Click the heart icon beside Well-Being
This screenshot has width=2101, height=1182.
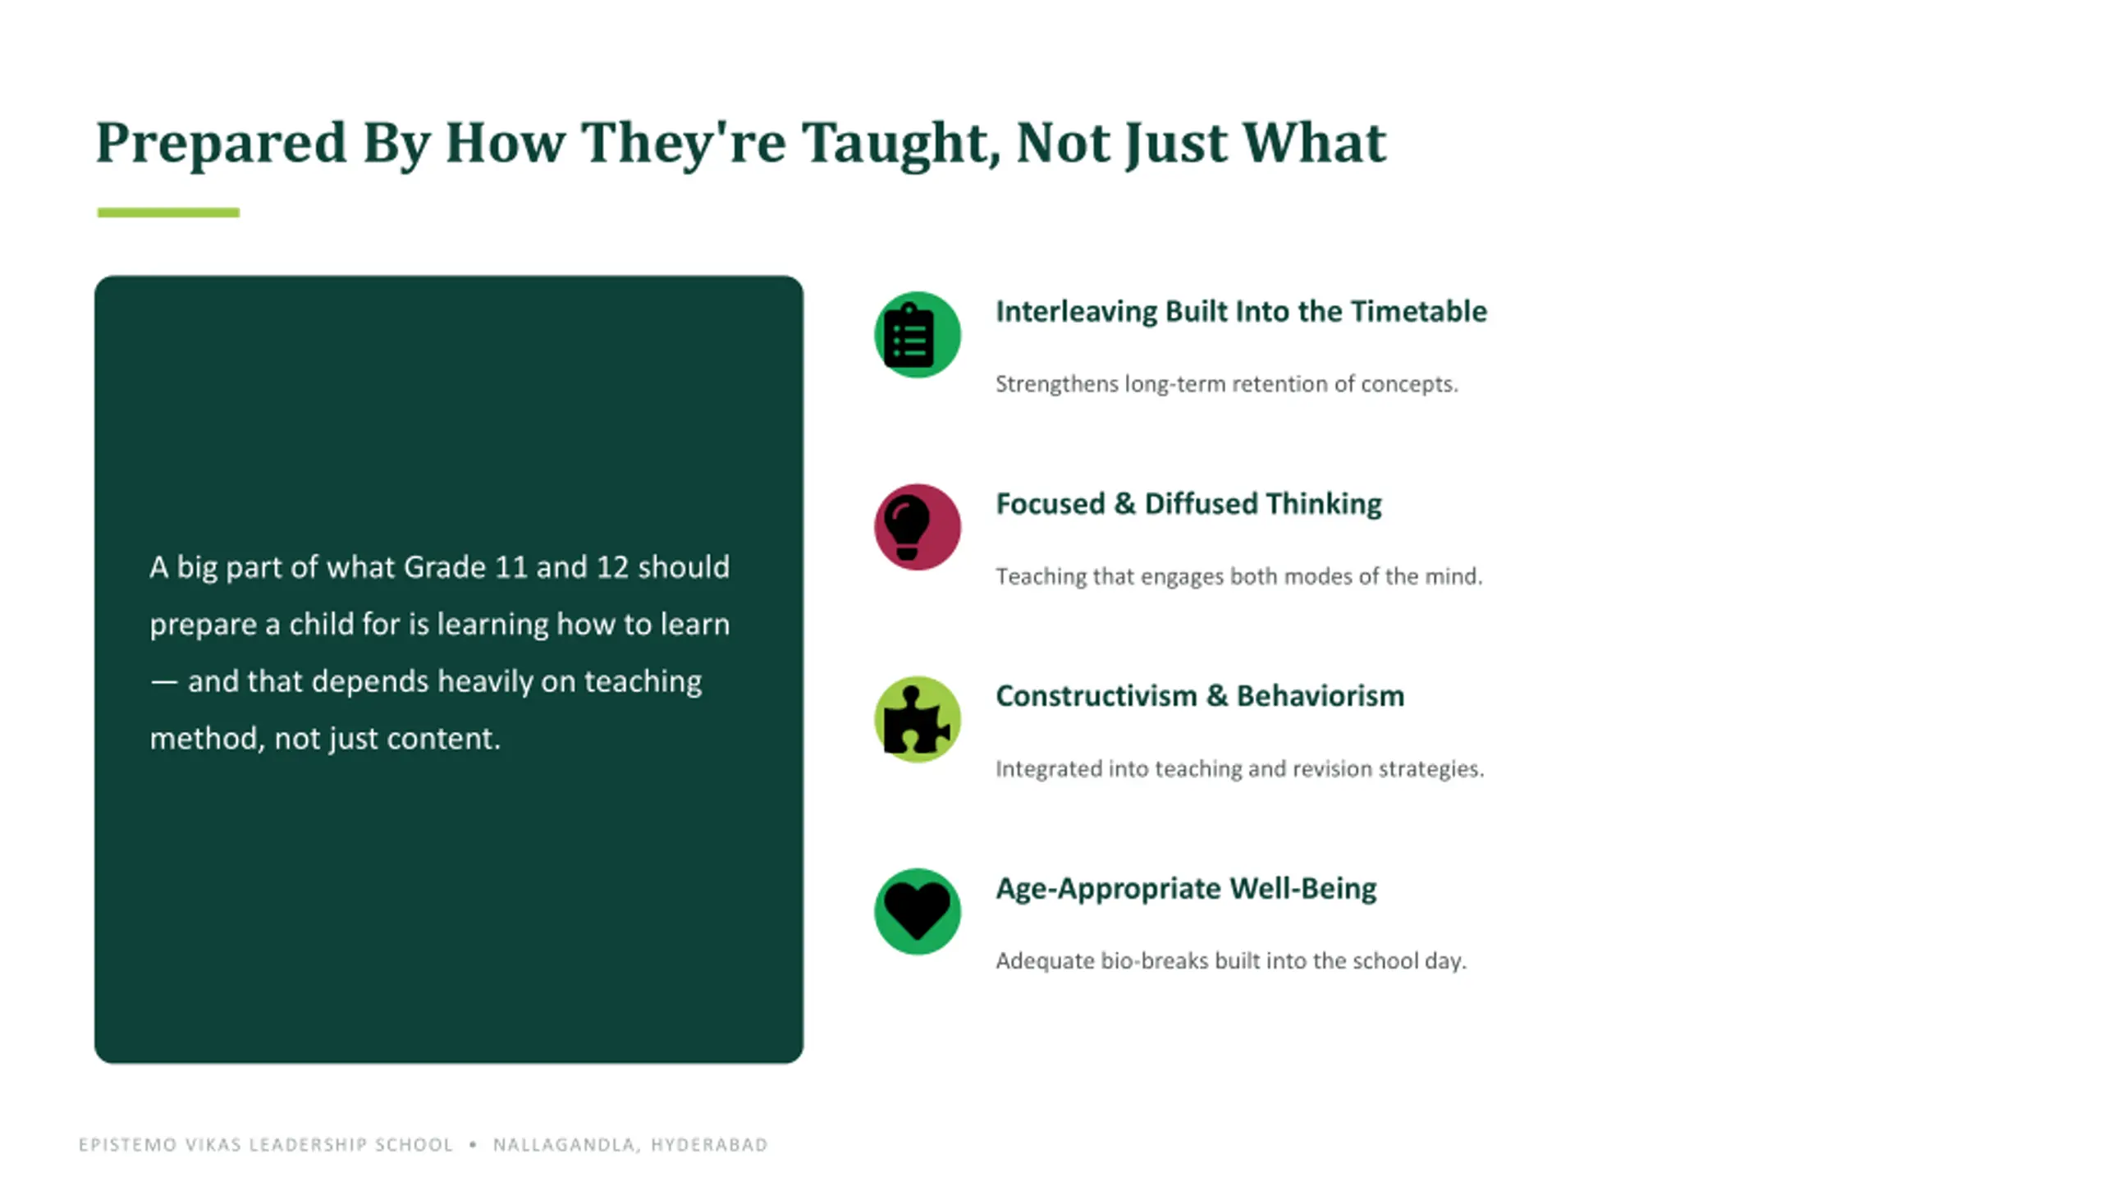[x=917, y=911]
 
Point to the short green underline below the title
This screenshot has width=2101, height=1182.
[x=168, y=213]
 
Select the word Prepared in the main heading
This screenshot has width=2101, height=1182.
[x=222, y=144]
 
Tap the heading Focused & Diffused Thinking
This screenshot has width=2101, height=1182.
[x=1188, y=503]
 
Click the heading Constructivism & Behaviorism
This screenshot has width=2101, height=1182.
[x=1200, y=695]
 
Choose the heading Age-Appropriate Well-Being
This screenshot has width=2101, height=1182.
[x=1186, y=888]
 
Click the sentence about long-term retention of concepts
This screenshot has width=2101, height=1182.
[x=1227, y=384]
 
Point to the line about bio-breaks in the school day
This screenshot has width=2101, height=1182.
[x=1230, y=960]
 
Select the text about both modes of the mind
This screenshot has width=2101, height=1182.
[x=1239, y=576]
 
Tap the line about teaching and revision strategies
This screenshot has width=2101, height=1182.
[x=1240, y=768]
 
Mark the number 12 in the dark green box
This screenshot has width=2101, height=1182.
[x=612, y=567]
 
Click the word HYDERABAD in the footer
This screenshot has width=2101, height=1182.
[x=709, y=1145]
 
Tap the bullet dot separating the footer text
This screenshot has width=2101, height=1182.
[x=473, y=1144]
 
